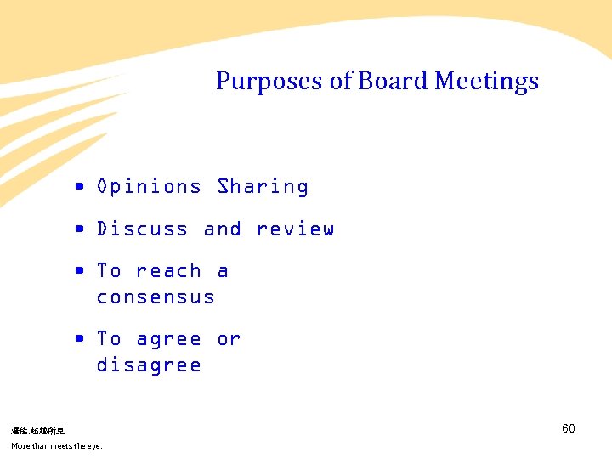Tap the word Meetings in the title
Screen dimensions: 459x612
(486, 82)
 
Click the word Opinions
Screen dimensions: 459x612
(149, 187)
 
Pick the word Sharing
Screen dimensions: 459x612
(263, 187)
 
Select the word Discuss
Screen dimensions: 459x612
(142, 229)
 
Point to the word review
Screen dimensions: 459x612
(295, 229)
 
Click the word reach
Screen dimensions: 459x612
(168, 271)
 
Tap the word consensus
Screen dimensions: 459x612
(156, 297)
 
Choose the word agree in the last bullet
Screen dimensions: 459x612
(168, 340)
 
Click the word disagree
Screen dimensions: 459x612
(149, 365)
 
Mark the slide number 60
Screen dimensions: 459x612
(569, 428)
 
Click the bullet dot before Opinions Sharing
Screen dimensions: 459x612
(78, 187)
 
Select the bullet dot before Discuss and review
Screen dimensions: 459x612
(78, 229)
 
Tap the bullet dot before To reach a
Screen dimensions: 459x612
(78, 271)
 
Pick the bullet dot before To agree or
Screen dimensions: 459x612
(78, 339)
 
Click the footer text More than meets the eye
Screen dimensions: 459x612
(56, 445)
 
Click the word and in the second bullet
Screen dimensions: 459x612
(222, 229)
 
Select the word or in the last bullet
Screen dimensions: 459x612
(229, 340)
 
